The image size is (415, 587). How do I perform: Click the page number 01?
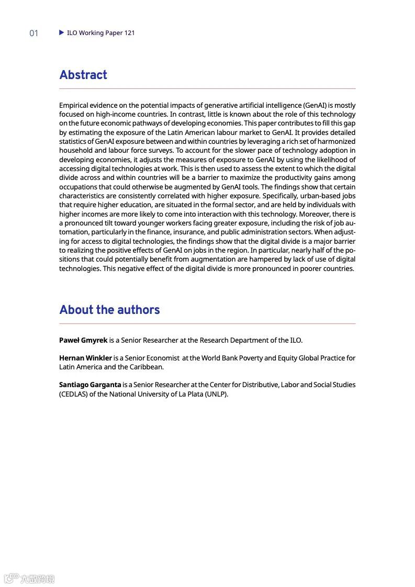coord(33,33)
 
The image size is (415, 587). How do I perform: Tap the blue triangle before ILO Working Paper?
coord(62,32)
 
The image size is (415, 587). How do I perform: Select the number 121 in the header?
coord(130,32)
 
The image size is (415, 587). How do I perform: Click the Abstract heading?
coord(83,75)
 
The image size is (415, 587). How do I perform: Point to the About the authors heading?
coord(109,310)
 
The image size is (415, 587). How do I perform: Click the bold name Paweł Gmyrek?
coord(83,340)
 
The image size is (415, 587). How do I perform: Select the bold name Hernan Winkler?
coord(85,358)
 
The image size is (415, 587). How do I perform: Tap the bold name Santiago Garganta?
coord(90,385)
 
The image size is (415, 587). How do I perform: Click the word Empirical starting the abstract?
coord(74,105)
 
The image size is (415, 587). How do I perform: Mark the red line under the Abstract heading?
coord(207,89)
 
